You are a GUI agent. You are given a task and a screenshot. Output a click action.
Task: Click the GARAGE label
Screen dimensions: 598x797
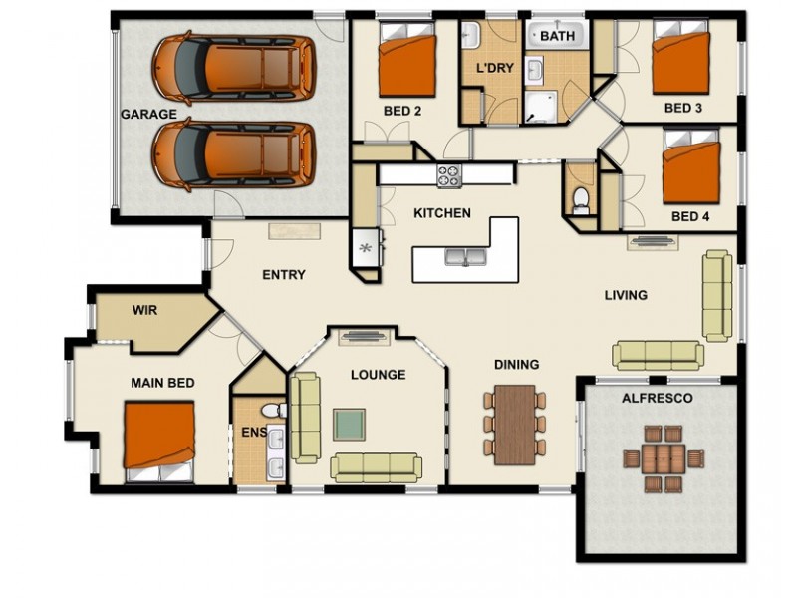pos(149,114)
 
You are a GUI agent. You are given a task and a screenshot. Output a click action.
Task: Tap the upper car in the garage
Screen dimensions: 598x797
pos(232,68)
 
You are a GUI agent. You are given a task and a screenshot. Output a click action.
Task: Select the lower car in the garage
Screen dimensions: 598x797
pos(232,154)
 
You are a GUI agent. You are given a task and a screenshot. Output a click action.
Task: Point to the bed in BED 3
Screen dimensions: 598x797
pos(680,62)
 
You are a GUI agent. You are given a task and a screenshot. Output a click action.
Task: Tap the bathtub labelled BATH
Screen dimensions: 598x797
pos(557,37)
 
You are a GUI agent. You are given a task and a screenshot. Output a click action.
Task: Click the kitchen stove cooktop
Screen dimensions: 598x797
pos(449,175)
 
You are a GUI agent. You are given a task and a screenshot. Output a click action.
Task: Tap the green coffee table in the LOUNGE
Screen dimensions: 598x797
pos(349,424)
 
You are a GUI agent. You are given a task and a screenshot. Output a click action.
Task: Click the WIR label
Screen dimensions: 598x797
pos(145,310)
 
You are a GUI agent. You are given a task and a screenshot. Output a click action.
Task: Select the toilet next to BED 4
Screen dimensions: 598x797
pos(581,198)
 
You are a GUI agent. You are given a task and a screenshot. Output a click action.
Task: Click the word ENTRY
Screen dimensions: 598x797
pos(283,275)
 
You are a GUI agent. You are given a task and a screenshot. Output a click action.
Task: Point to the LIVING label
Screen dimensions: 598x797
pos(626,295)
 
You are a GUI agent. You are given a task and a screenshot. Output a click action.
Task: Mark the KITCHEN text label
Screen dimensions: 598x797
pos(442,213)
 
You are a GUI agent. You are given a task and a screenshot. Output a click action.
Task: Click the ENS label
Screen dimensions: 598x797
pos(253,433)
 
